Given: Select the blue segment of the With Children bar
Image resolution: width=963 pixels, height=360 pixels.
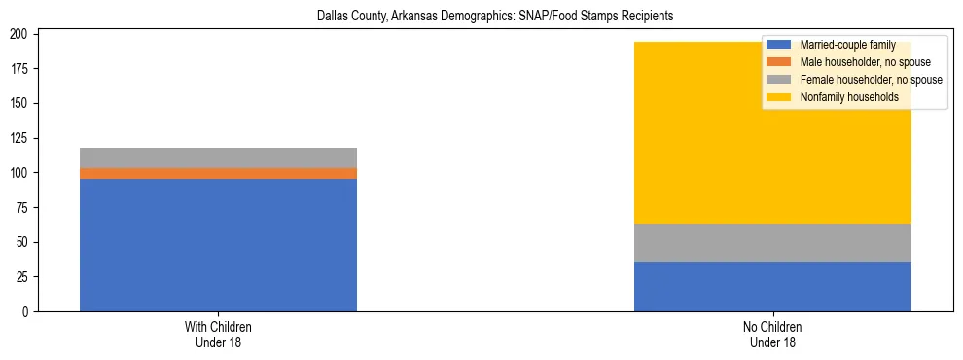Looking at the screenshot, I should tap(218, 245).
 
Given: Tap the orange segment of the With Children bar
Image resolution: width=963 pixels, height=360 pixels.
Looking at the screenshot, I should tap(218, 173).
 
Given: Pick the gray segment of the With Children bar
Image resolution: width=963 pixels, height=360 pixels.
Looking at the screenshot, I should tap(218, 158).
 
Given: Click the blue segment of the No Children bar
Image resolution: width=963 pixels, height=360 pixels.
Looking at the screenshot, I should tap(772, 286).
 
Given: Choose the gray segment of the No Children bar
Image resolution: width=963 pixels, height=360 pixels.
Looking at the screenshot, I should tap(772, 242).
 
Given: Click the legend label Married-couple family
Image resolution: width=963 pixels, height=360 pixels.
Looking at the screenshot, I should tap(847, 45).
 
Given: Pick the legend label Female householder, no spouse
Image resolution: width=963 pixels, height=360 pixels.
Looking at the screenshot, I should tap(871, 80).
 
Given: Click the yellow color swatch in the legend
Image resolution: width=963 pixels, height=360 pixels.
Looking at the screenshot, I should tap(779, 97).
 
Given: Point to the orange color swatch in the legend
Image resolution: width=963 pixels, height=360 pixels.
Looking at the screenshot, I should tap(779, 62).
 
